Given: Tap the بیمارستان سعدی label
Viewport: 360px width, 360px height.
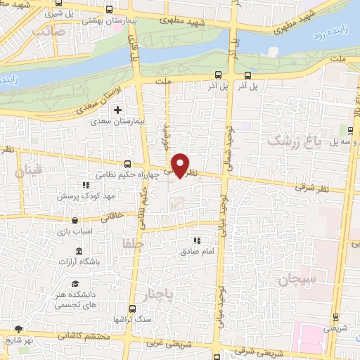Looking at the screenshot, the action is (x=118, y=121).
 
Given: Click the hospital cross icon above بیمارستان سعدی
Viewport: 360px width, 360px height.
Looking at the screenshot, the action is (x=118, y=110).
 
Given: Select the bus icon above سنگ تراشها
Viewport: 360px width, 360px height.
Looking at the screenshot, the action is (x=133, y=308).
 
